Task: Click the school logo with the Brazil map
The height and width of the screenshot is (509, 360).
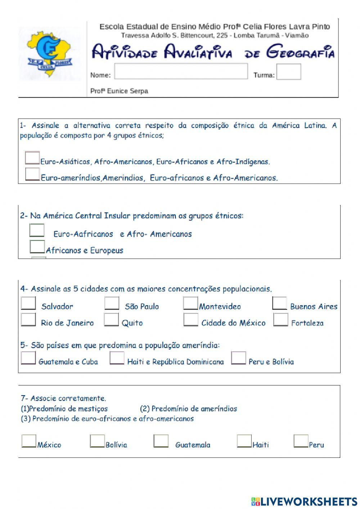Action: click(50, 54)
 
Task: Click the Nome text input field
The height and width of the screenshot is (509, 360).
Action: click(181, 71)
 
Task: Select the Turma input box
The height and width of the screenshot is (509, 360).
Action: click(288, 72)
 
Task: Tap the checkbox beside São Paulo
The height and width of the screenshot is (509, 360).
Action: click(112, 303)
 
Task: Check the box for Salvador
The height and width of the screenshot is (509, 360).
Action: click(28, 303)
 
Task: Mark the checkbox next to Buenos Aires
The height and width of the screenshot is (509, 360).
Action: click(279, 303)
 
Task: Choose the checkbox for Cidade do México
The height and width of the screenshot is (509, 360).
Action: click(190, 320)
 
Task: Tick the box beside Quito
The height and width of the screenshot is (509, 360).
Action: click(111, 320)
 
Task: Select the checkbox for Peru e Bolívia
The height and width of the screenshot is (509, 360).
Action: click(238, 358)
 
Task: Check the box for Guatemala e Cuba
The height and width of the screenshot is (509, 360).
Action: click(28, 358)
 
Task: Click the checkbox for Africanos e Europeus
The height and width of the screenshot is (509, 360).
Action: click(37, 247)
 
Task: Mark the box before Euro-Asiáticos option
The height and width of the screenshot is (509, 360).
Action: click(32, 158)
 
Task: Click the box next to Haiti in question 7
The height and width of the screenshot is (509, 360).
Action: click(244, 441)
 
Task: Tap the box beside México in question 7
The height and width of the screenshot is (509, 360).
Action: click(29, 441)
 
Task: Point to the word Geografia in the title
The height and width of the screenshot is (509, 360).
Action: click(300, 52)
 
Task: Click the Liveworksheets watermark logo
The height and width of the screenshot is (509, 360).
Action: click(304, 501)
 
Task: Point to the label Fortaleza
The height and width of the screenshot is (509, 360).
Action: click(307, 323)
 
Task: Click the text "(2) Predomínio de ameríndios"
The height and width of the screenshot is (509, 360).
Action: click(188, 409)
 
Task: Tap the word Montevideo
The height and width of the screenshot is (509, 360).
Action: click(220, 307)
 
